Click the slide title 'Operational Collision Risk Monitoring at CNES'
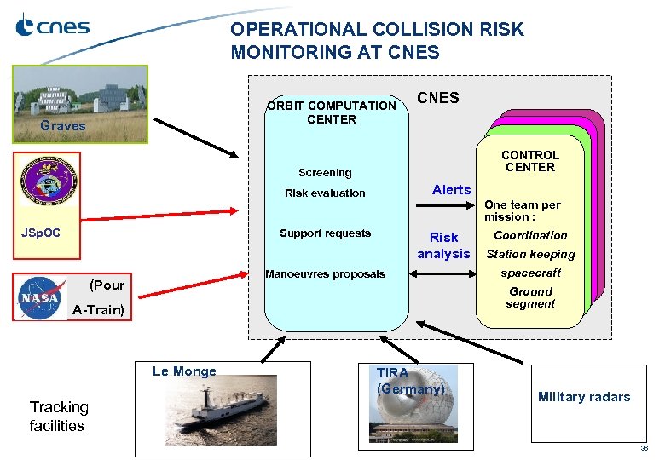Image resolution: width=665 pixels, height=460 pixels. point(377,41)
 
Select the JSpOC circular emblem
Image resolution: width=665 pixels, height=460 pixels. point(49,181)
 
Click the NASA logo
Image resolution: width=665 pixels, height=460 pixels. point(40,298)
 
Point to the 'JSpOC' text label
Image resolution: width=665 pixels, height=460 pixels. point(40,231)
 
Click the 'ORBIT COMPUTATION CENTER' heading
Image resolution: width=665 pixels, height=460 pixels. point(332,112)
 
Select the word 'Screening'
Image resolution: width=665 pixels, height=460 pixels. point(324,173)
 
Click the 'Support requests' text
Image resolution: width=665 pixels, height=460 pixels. point(325,233)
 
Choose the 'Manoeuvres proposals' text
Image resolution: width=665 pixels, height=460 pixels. point(325,274)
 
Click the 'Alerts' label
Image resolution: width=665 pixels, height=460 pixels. point(451,190)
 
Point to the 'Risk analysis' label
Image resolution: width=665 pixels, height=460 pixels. point(443,245)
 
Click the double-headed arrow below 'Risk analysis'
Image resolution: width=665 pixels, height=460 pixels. point(442,274)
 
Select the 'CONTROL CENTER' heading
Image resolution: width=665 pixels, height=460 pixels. point(529,161)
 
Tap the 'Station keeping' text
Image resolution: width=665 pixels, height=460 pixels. point(529,254)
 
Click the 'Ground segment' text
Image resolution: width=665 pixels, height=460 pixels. point(529,297)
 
